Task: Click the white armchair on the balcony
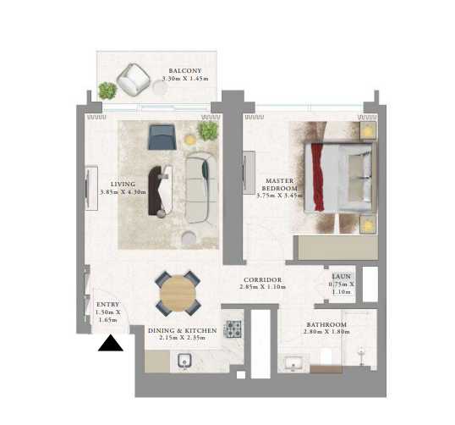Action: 133,79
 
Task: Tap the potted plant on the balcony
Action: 107,90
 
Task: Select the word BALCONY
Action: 184,71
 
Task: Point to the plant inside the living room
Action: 207,130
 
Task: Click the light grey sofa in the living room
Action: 200,188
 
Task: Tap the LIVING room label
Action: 123,184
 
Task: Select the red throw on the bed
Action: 319,178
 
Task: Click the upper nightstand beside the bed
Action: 370,131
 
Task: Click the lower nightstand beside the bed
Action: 370,224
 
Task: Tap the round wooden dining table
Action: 178,294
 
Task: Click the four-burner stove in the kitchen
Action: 233,329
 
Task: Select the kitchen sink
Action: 184,362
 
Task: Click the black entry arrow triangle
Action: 111,342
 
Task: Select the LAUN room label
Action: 340,276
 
